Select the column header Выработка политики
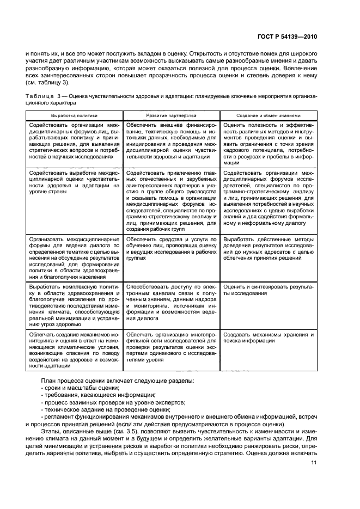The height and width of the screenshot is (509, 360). coord(75,116)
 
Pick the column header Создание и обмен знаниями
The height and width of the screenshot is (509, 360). coord(268,116)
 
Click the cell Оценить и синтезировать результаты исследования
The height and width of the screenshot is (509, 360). coord(268,289)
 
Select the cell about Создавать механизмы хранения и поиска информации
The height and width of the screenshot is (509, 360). coord(268,337)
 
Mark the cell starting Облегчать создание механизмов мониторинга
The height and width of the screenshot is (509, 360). coord(75,351)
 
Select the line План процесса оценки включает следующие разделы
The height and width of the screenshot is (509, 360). coord(120,379)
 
